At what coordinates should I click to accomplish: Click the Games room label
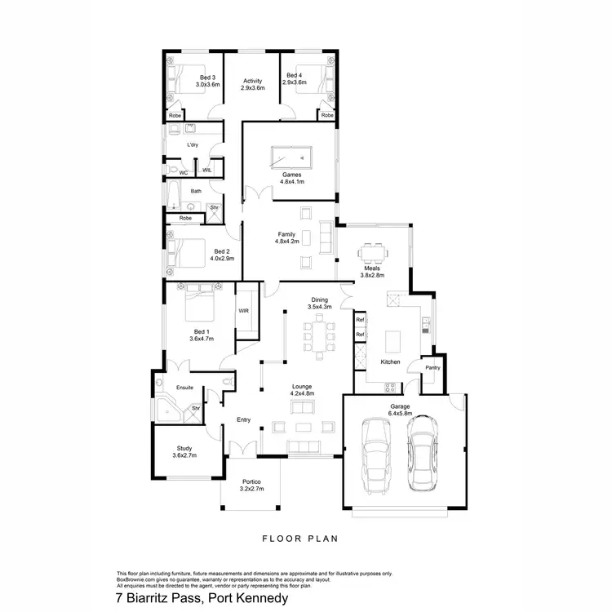pyautogui.click(x=291, y=175)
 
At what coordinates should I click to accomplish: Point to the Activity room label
pyautogui.click(x=253, y=81)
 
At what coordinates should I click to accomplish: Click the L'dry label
pyautogui.click(x=193, y=144)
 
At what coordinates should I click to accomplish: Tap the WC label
pyautogui.click(x=184, y=172)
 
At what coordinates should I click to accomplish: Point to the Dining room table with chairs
pyautogui.click(x=319, y=335)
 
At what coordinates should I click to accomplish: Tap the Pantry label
pyautogui.click(x=433, y=367)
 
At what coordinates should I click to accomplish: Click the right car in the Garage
pyautogui.click(x=422, y=452)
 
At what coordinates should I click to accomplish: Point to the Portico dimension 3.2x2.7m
pyautogui.click(x=252, y=489)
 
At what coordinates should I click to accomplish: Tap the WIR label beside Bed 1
pyautogui.click(x=243, y=311)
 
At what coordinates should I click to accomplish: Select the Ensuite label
pyautogui.click(x=184, y=387)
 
